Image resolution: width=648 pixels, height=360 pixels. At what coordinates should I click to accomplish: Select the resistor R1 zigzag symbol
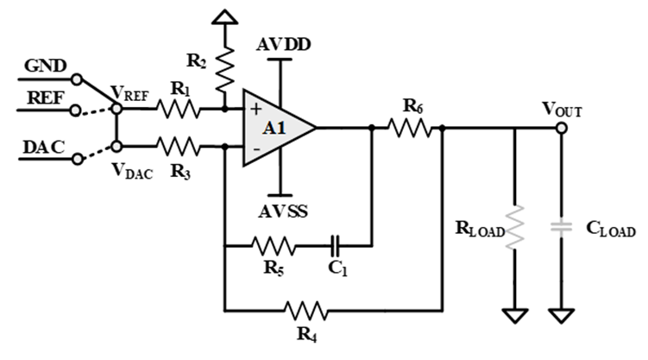[179, 110]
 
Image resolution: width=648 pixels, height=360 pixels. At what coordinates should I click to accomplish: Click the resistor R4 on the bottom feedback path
[305, 308]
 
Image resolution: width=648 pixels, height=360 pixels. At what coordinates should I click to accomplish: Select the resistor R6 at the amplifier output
[408, 128]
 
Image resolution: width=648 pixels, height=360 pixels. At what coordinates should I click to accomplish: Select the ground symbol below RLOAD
[515, 316]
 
